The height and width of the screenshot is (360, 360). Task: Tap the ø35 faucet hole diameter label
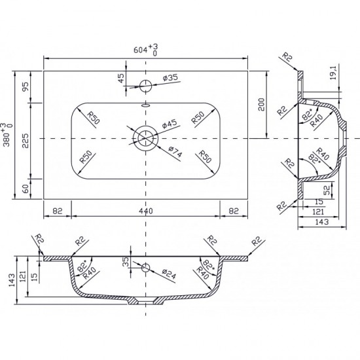pyautogui.click(x=170, y=78)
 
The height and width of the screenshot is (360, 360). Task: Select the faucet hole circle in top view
pyautogui.click(x=145, y=86)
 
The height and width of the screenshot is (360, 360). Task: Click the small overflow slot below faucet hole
pyautogui.click(x=145, y=105)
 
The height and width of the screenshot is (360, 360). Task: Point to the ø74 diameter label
pyautogui.click(x=175, y=152)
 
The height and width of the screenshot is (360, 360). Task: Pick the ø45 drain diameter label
pyautogui.click(x=170, y=124)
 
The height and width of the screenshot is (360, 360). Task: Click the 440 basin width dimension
pyautogui.click(x=146, y=211)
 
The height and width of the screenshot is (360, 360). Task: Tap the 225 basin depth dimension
pyautogui.click(x=26, y=141)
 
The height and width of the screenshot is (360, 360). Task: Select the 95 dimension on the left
pyautogui.click(x=26, y=87)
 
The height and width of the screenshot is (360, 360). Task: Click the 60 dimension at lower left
pyautogui.click(x=26, y=189)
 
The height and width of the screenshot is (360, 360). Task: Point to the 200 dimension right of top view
pyautogui.click(x=261, y=105)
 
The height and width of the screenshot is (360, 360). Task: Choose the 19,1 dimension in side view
pyautogui.click(x=333, y=73)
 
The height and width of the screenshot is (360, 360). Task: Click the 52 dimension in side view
pyautogui.click(x=327, y=190)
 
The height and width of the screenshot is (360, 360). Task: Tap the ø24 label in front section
pyautogui.click(x=169, y=274)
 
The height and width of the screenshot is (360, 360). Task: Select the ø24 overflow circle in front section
pyautogui.click(x=145, y=268)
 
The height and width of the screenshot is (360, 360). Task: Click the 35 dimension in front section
pyautogui.click(x=126, y=262)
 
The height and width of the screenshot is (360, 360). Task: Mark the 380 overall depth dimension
pyautogui.click(x=7, y=135)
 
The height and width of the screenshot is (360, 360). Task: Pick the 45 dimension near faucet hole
pyautogui.click(x=121, y=78)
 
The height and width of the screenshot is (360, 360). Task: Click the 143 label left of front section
pyautogui.click(x=12, y=280)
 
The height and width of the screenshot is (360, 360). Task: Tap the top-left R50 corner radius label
pyautogui.click(x=93, y=117)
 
